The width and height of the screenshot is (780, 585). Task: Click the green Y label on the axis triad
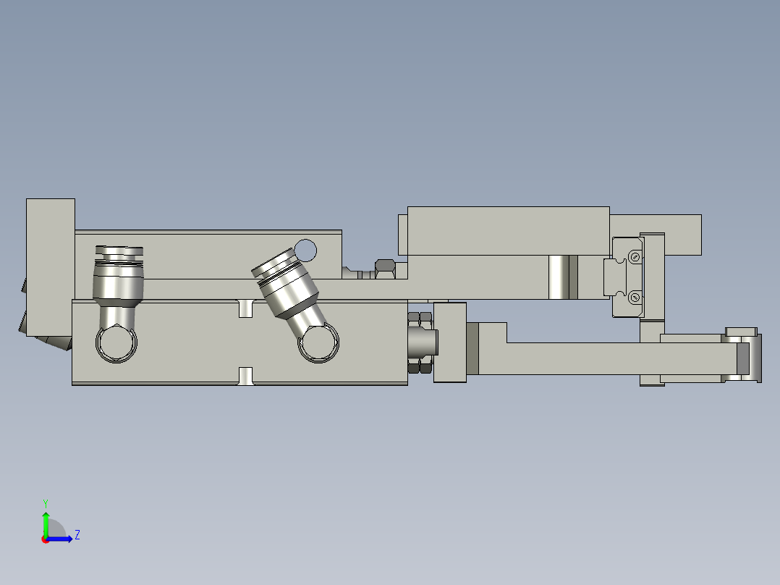click(45, 502)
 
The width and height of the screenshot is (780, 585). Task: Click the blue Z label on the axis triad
click(77, 535)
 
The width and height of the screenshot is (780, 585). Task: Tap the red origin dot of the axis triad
click(45, 539)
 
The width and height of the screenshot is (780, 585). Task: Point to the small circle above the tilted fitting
click(306, 250)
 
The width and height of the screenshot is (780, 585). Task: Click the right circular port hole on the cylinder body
click(318, 343)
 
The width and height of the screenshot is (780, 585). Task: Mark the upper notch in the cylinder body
click(247, 308)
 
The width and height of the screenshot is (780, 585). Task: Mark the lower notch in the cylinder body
click(247, 376)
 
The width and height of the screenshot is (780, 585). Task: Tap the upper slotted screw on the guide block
click(635, 256)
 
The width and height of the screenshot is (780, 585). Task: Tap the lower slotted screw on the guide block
click(635, 297)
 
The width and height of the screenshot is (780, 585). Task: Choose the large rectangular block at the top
click(508, 230)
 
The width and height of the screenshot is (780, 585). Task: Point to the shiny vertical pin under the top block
click(558, 277)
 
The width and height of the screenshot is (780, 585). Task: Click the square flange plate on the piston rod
click(450, 342)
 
